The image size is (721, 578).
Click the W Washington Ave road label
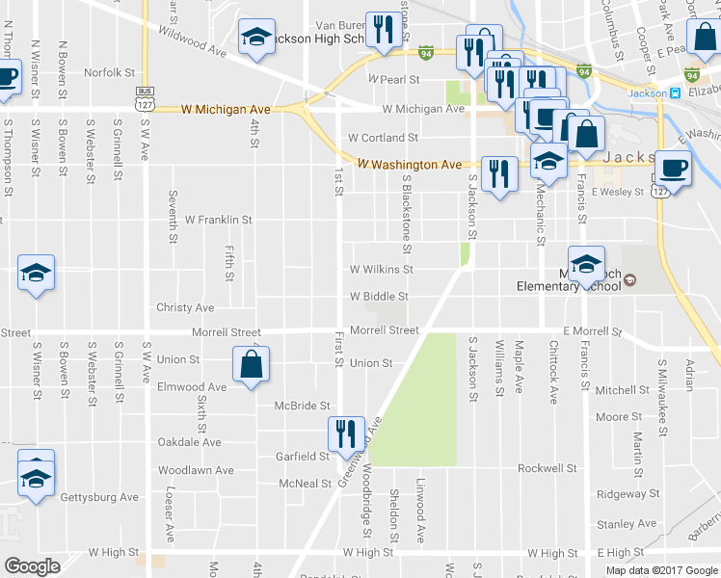point(409,165)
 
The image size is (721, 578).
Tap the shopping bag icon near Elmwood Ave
point(251,366)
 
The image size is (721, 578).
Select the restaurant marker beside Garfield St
point(344,433)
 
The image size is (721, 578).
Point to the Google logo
point(33,565)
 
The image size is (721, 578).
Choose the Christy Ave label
point(185,307)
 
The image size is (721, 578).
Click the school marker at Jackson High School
point(256,39)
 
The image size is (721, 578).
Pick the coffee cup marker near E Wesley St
point(672,169)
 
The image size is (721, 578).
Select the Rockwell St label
point(547,468)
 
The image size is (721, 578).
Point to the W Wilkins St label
point(382,270)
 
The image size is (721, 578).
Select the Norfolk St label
point(109,72)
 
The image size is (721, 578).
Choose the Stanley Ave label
point(627,524)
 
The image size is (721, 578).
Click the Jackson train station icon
point(675,93)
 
